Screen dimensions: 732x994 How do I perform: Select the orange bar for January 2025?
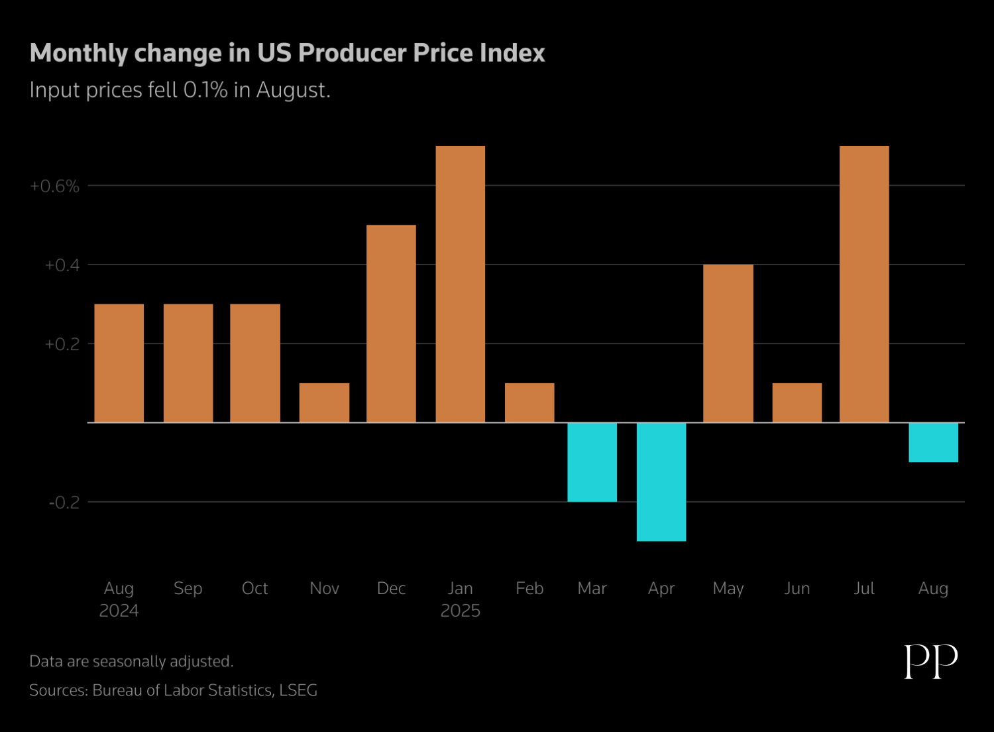click(x=460, y=284)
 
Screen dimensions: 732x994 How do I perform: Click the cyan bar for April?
click(x=661, y=481)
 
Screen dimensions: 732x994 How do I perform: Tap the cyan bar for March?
click(x=592, y=462)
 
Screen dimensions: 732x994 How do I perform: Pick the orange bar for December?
click(x=391, y=324)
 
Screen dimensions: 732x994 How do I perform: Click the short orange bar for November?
click(x=324, y=402)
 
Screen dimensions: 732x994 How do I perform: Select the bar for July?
click(x=863, y=284)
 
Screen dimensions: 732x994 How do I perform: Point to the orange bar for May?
click(x=728, y=343)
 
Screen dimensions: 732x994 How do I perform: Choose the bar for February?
click(x=529, y=402)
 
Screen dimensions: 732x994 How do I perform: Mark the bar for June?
click(x=797, y=402)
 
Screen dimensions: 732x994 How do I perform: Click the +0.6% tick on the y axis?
click(x=54, y=186)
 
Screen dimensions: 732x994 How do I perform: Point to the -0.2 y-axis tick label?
click(x=64, y=503)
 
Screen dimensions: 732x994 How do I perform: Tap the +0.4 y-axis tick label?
click(x=62, y=265)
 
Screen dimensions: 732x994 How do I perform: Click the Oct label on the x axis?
click(x=254, y=588)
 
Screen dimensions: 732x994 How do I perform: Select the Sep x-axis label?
click(x=188, y=588)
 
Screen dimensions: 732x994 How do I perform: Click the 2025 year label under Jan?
click(x=460, y=611)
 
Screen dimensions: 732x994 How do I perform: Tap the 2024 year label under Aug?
click(x=119, y=611)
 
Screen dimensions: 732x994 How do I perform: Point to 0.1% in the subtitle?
click(x=205, y=90)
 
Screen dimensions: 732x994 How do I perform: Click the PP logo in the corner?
click(x=931, y=661)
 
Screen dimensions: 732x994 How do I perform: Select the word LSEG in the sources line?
click(x=298, y=690)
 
